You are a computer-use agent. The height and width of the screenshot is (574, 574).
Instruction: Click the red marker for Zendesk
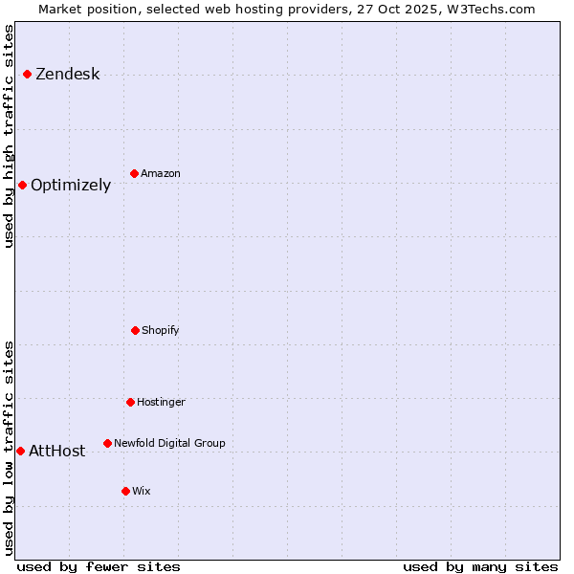[x=27, y=74]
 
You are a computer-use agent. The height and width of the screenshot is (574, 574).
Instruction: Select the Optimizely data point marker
[x=22, y=185]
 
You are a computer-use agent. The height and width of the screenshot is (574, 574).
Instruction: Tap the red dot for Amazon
[x=134, y=173]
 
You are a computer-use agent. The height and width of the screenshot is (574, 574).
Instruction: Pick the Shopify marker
[x=135, y=330]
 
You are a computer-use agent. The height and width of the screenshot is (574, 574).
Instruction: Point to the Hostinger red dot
[x=130, y=402]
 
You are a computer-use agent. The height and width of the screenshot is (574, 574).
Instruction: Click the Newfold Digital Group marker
[x=107, y=443]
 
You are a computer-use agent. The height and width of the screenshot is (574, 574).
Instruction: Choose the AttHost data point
[x=20, y=451]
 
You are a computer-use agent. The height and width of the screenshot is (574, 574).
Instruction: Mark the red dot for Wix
[x=125, y=491]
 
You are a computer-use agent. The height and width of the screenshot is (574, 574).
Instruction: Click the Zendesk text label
[x=67, y=75]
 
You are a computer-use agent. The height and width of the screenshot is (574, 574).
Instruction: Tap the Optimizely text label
[x=71, y=186]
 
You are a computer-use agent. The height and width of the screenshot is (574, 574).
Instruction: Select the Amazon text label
[x=161, y=174]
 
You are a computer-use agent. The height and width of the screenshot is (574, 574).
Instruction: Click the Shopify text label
[x=161, y=331]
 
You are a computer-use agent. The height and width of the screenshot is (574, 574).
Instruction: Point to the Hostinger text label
[x=161, y=403]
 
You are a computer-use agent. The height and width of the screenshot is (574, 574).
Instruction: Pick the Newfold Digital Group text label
[x=169, y=444]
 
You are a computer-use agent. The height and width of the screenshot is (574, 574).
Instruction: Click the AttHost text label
[x=57, y=452]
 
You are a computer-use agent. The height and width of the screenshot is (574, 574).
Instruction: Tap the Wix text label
[x=142, y=492]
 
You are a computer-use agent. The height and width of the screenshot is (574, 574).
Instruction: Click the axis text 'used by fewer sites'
[x=99, y=566]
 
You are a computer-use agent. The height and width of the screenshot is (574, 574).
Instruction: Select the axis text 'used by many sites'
[x=480, y=566]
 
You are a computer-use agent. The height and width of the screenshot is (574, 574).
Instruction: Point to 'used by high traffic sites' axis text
[x=10, y=136]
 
